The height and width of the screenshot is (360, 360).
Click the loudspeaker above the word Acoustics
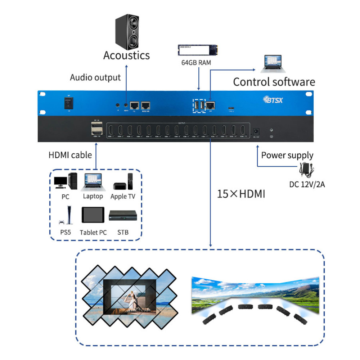click(126, 32)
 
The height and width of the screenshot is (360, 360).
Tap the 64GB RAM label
click(196, 63)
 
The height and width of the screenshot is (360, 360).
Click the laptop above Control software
click(275, 64)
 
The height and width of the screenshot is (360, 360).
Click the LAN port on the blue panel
click(210, 105)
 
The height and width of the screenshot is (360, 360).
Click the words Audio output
click(95, 77)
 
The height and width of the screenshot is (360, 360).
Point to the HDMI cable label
click(70, 155)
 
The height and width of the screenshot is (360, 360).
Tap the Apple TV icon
click(123, 182)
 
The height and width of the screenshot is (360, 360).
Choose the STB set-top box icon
click(123, 216)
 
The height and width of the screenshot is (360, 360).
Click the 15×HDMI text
click(241, 194)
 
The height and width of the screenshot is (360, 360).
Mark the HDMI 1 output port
click(111, 130)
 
